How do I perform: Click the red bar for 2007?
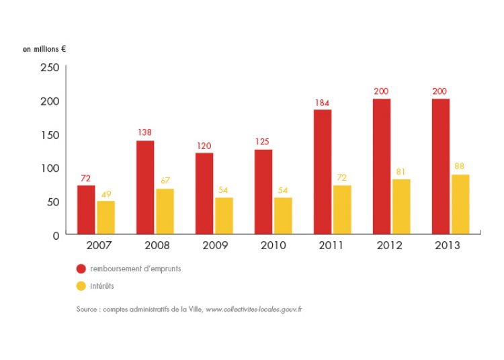click(x=85, y=210)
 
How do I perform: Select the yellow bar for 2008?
click(x=165, y=211)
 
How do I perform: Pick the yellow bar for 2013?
click(x=460, y=204)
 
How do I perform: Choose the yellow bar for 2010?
click(x=283, y=216)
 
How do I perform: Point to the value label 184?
click(x=323, y=103)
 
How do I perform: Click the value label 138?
click(x=144, y=132)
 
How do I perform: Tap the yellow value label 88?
click(x=460, y=166)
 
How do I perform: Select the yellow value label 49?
click(x=106, y=194)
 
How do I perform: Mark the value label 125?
click(x=263, y=142)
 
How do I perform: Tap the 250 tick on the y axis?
click(x=50, y=67)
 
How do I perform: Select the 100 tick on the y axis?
click(x=50, y=168)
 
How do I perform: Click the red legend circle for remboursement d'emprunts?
click(x=81, y=269)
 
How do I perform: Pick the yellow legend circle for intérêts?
click(x=81, y=286)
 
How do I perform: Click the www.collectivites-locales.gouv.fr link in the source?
click(x=253, y=310)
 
